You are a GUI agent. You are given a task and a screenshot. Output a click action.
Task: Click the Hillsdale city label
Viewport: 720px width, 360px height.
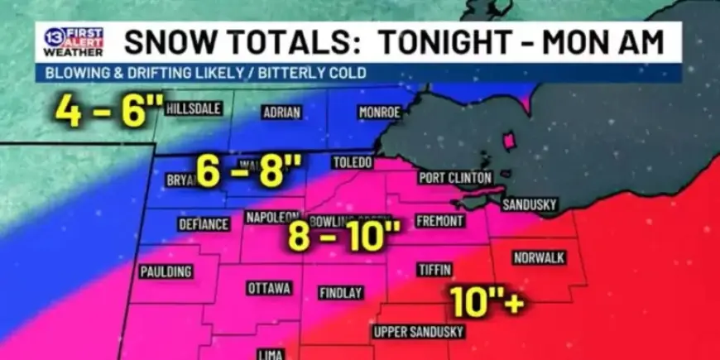pos(193,108)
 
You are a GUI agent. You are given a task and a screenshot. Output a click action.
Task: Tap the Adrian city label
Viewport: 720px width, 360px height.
pos(281,113)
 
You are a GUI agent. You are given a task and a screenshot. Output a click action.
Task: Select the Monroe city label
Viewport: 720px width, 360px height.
pos(380,112)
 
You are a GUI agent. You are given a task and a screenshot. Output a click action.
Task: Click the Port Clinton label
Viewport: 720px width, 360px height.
pos(455,177)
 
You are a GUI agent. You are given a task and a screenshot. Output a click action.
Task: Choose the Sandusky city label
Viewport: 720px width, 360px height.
pos(530,204)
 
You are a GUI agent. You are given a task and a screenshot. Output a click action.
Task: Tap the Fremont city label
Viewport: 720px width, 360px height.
pos(434,221)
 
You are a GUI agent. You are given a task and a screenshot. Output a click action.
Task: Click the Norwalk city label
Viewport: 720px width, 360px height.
pos(540,257)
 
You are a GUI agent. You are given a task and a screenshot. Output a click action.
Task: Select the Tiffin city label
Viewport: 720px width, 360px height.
pos(434,271)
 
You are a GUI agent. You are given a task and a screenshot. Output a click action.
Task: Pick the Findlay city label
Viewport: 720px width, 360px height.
pos(341,293)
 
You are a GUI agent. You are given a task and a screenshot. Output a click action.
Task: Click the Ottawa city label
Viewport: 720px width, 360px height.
pos(269,288)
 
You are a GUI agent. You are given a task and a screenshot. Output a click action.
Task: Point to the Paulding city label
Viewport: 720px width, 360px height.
pos(166,271)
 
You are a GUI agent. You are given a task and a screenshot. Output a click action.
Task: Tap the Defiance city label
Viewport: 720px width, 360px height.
pos(204,224)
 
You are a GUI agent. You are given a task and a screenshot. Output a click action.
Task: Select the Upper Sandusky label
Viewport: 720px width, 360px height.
pos(419,332)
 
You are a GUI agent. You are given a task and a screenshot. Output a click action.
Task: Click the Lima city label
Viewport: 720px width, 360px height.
pos(271,354)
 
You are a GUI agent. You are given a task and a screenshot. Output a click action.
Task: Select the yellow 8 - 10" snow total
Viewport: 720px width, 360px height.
pos(343,238)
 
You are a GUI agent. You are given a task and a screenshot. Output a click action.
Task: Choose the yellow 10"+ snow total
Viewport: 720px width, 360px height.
pos(488,302)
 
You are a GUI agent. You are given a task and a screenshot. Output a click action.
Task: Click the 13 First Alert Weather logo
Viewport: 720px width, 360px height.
pos(74,41)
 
